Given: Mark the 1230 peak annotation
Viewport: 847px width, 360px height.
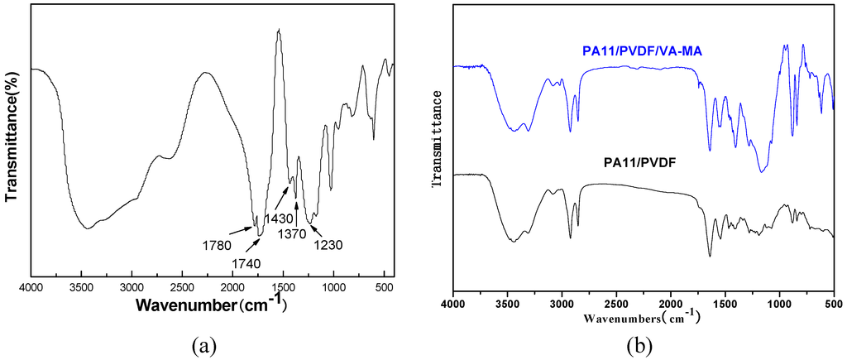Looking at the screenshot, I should click(328, 245).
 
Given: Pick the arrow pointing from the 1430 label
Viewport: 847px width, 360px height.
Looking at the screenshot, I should click(281, 198).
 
